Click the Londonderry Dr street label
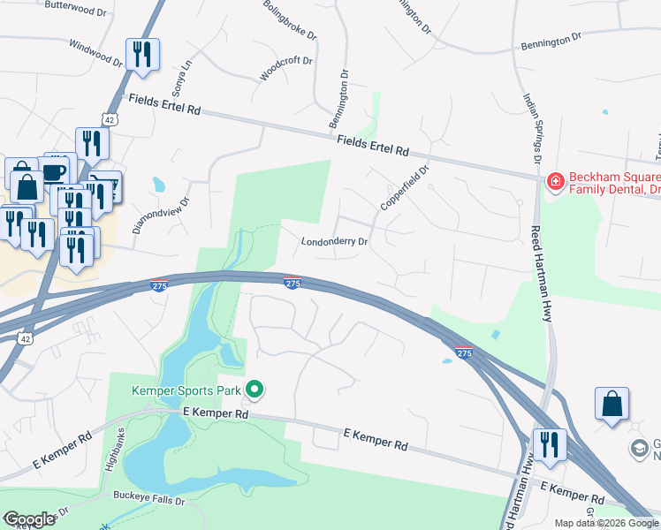tap(334, 241)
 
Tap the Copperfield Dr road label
tap(404, 186)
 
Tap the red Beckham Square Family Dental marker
tap(554, 182)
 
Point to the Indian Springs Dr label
tap(531, 129)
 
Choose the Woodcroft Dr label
tap(286, 69)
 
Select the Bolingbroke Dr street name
tap(290, 20)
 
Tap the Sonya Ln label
tap(181, 79)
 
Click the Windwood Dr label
tap(95, 54)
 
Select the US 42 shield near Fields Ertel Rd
tap(109, 118)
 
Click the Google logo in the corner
tap(29, 519)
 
